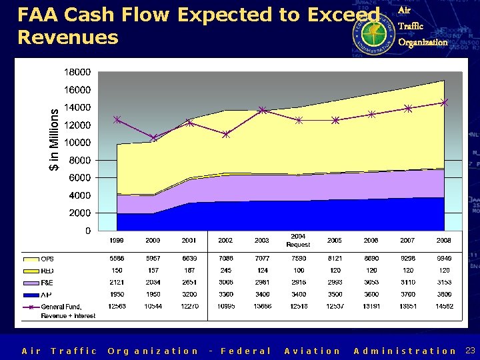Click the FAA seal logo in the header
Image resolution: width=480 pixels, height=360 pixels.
[x=373, y=30]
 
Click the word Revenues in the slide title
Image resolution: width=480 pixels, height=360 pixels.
[x=67, y=37]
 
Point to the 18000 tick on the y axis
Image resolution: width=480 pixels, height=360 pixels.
[x=77, y=72]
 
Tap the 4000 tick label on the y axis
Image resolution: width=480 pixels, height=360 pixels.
[x=80, y=195]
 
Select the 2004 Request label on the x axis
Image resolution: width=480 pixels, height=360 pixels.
[x=298, y=241]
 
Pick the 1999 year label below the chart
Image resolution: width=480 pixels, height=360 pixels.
[x=117, y=240]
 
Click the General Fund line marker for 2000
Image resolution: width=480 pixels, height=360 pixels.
[x=153, y=138]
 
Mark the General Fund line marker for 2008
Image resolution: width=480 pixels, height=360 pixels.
[x=444, y=103]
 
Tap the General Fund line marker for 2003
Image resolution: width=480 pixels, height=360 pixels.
[x=262, y=110]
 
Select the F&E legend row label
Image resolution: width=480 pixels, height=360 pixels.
[x=48, y=282]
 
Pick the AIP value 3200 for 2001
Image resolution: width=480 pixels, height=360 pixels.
[x=189, y=293]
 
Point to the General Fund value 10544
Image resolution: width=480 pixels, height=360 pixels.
[x=153, y=307]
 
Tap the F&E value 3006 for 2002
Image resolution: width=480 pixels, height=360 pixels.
[x=226, y=282]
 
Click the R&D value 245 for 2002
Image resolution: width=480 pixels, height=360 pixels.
[x=226, y=271]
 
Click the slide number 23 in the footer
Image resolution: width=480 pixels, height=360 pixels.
[x=469, y=351]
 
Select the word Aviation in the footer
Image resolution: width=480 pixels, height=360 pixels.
[x=312, y=351]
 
